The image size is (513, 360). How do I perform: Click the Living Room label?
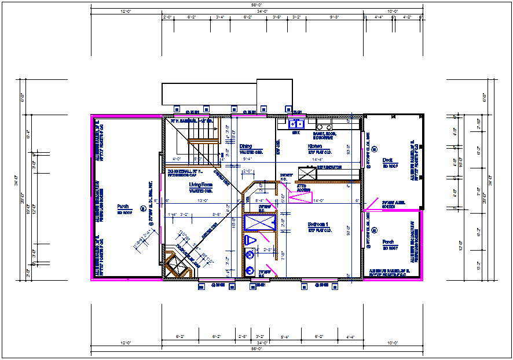tap(201, 185)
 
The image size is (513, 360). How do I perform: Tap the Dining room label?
tap(245, 146)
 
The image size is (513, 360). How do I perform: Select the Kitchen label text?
tap(315, 147)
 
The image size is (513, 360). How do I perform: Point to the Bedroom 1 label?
tap(318, 224)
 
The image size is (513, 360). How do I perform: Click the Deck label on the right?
tap(387, 160)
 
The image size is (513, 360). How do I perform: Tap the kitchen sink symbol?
tap(296, 124)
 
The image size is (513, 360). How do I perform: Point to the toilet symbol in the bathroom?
tap(251, 240)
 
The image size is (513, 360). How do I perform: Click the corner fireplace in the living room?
tap(176, 266)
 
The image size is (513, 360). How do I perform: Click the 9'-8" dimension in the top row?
tap(334, 17)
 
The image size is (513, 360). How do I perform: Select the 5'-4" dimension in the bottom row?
tap(285, 336)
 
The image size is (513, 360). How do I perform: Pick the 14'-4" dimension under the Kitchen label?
tap(317, 159)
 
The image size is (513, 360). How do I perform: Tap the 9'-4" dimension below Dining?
tap(248, 159)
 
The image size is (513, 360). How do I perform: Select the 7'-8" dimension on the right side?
tap(478, 192)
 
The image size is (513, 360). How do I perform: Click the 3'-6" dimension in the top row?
tap(277, 17)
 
